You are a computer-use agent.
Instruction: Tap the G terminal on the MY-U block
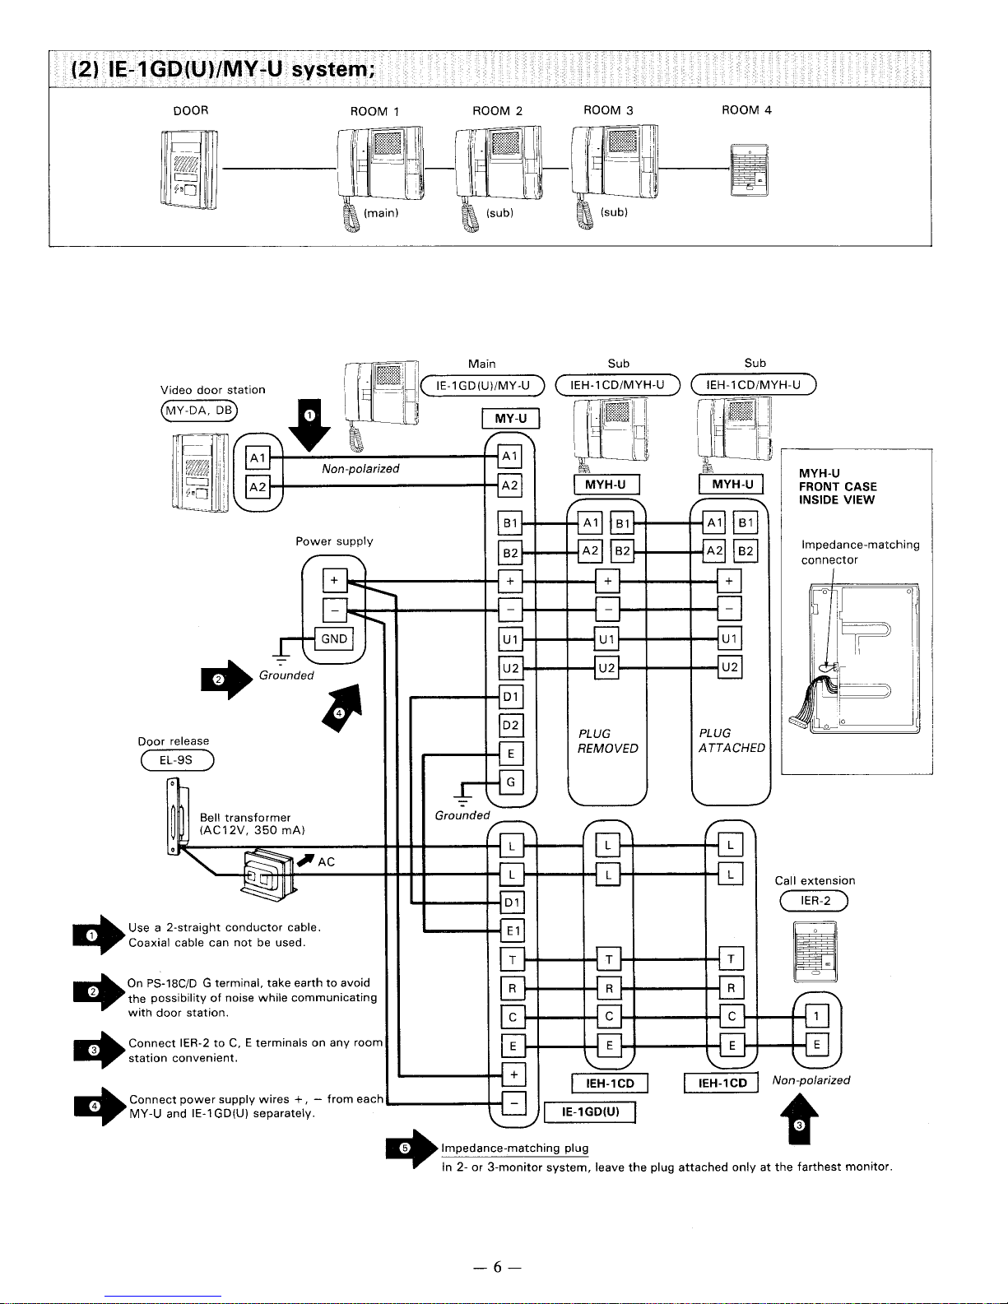(x=511, y=782)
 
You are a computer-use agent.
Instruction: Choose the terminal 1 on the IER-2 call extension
(x=815, y=1017)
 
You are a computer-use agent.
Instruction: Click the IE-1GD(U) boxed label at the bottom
(x=589, y=1112)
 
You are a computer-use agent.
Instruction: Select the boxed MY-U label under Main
(x=510, y=420)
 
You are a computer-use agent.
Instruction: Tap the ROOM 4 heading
(x=746, y=110)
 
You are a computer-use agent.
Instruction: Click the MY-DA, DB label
(x=199, y=410)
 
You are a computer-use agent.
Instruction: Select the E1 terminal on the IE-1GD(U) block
(x=512, y=930)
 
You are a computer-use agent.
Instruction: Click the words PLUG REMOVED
(x=607, y=740)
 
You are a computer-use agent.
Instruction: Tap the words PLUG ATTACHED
(x=731, y=740)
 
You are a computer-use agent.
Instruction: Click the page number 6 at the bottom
(x=498, y=1268)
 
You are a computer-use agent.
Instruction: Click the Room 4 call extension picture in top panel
(x=748, y=169)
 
